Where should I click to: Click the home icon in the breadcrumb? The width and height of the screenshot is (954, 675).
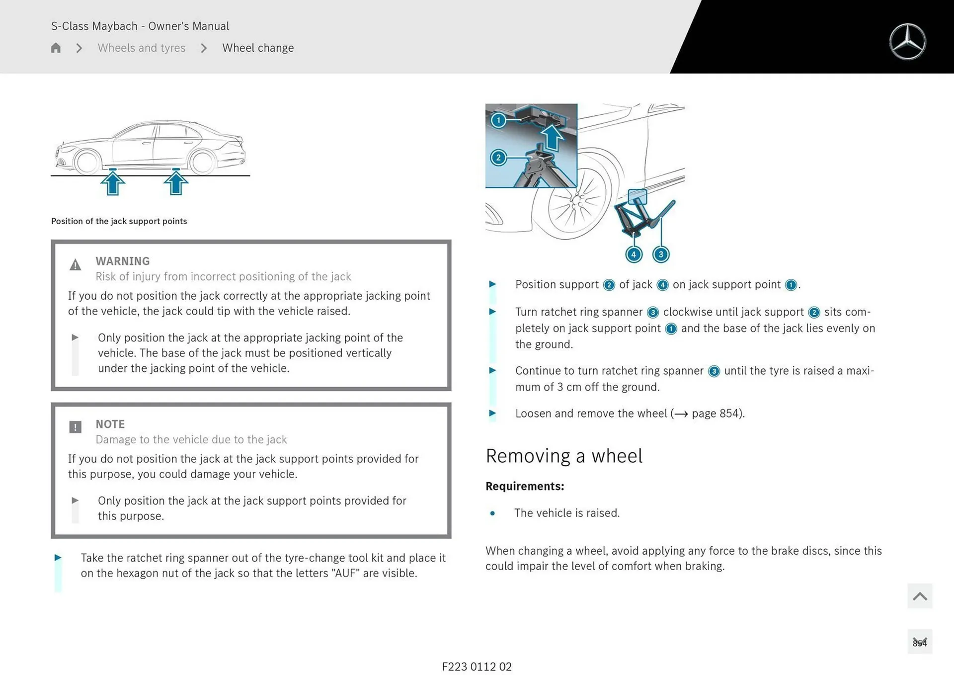coord(56,48)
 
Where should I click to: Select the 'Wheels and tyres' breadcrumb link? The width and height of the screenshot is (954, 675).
coord(141,48)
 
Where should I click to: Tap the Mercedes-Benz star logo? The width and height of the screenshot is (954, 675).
coord(907,42)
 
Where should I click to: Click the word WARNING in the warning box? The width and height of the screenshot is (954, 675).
coord(122,261)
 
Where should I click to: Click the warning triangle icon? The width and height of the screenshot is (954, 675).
coord(75,265)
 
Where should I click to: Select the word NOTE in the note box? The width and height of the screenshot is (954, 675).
coord(110,424)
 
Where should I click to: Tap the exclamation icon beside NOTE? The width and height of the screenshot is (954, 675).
coord(75,427)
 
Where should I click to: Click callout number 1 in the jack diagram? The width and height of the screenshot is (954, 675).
coord(498,120)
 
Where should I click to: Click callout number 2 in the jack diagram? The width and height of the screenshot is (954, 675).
coord(498,158)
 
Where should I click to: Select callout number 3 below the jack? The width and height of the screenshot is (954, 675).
coord(661,254)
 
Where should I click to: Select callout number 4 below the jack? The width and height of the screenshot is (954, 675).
coord(634,254)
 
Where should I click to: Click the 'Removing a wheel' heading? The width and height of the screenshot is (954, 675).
coord(563,456)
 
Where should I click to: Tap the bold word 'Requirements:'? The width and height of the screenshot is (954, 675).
coord(525,486)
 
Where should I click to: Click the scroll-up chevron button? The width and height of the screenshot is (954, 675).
coord(919,596)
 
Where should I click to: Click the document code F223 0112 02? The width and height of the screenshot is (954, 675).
coord(477,667)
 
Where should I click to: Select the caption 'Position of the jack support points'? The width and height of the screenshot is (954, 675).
coord(119,221)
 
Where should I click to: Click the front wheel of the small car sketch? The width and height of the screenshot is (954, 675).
coord(87,163)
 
